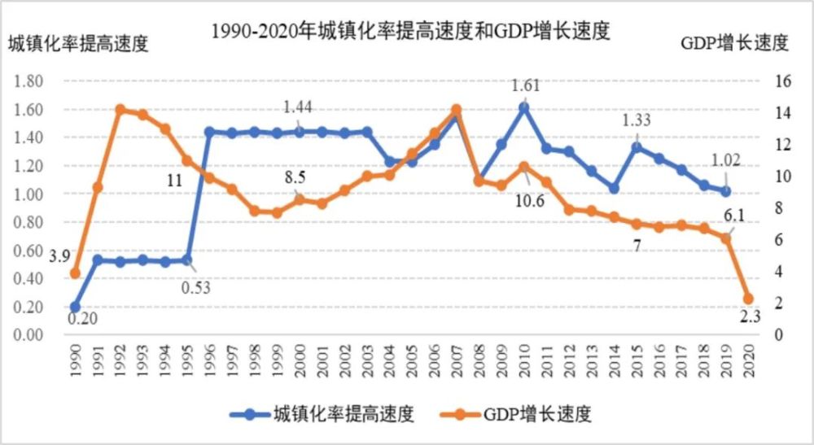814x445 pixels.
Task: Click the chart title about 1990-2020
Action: pyautogui.click(x=410, y=32)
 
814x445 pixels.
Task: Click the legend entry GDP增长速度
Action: pyautogui.click(x=534, y=414)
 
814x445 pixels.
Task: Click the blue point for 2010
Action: pyautogui.click(x=523, y=107)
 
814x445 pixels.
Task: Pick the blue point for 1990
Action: pyautogui.click(x=76, y=307)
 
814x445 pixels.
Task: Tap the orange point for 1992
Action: pyautogui.click(x=120, y=110)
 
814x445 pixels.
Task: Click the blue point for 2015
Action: pyautogui.click(x=637, y=147)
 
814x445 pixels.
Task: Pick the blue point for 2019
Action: pyautogui.click(x=726, y=191)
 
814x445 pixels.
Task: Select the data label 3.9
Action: pyautogui.click(x=59, y=258)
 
